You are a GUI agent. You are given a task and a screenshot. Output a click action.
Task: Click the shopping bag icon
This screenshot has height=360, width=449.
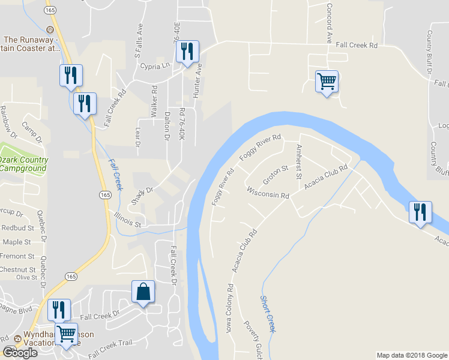coord(143,292)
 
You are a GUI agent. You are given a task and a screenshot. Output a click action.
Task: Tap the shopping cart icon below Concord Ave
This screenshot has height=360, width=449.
coord(327,82)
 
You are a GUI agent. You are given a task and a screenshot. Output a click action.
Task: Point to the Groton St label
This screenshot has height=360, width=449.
coord(276,176)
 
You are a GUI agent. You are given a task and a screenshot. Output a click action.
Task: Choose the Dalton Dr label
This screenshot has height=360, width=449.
coord(167,124)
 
